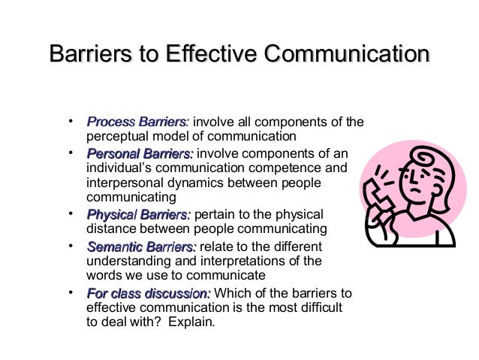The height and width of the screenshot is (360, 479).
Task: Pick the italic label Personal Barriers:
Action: point(140,154)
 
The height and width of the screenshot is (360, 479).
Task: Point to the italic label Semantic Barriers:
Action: point(141,247)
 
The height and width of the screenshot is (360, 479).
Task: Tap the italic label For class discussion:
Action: point(149,294)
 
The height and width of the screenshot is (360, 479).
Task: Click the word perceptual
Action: point(119,137)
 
